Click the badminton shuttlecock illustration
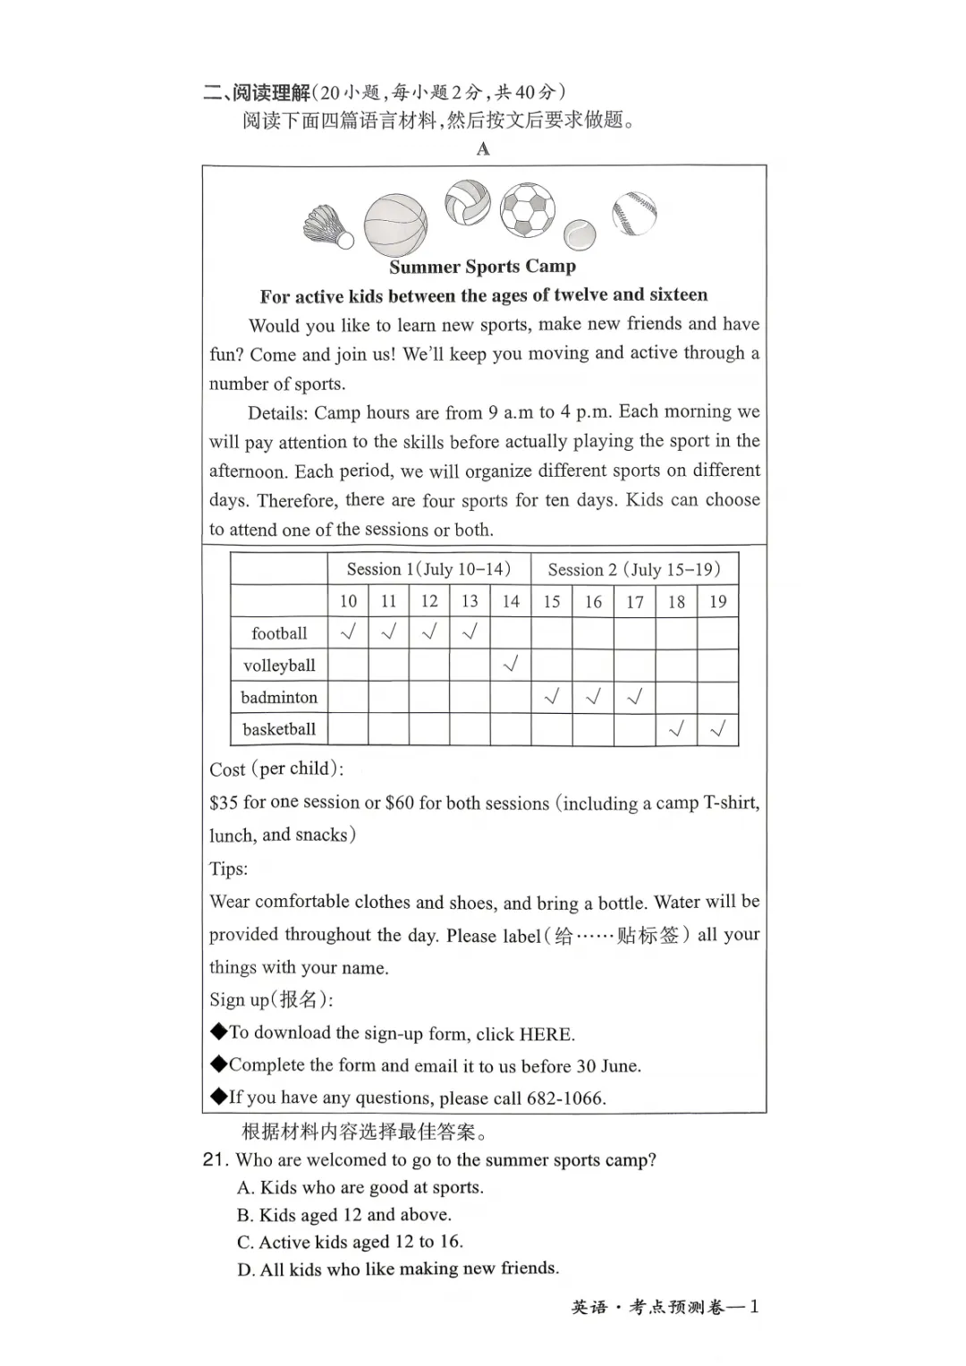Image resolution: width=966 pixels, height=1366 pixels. [x=329, y=226]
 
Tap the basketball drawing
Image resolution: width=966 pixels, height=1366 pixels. [x=395, y=225]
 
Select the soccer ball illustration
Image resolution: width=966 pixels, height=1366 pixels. [x=528, y=210]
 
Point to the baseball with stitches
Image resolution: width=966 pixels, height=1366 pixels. [x=634, y=214]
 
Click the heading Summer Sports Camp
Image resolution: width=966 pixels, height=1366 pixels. [x=482, y=267]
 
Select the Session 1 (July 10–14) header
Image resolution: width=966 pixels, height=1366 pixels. [x=428, y=570]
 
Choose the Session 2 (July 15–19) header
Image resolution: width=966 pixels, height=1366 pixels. [x=634, y=570]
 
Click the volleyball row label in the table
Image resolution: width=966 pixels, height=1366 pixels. [x=279, y=666]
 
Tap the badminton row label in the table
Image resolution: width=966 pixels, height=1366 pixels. [x=279, y=698]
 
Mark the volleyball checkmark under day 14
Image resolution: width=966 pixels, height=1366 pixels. [x=511, y=665]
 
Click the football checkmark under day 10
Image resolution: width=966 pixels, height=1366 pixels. [x=348, y=632]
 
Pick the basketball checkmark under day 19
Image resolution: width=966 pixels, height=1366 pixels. [x=717, y=729]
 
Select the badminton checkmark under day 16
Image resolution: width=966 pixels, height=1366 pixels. [x=593, y=697]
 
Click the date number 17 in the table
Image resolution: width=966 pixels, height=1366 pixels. [x=635, y=602]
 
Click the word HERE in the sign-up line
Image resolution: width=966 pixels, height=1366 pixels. [x=545, y=1034]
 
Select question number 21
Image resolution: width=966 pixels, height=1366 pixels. [x=215, y=1160]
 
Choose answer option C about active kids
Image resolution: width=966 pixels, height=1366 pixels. [x=350, y=1243]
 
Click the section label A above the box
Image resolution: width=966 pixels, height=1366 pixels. [x=483, y=149]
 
